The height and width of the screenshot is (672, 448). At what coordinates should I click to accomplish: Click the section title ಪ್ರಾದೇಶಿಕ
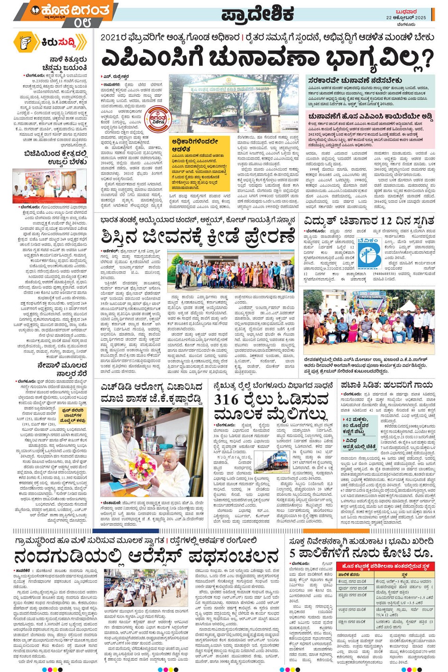coord(257,14)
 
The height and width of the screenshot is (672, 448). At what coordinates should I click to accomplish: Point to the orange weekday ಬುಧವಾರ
coord(406,11)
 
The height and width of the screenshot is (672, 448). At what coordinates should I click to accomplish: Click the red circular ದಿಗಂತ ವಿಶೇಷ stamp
coord(157,118)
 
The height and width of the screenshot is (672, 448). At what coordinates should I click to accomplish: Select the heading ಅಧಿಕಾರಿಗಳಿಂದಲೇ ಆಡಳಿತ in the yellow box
coord(195,145)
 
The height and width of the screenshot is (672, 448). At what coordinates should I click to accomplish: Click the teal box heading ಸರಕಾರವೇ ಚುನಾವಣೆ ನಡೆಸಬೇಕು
coord(355,80)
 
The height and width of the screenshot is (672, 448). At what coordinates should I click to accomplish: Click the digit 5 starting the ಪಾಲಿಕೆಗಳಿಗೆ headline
coord(293,553)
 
